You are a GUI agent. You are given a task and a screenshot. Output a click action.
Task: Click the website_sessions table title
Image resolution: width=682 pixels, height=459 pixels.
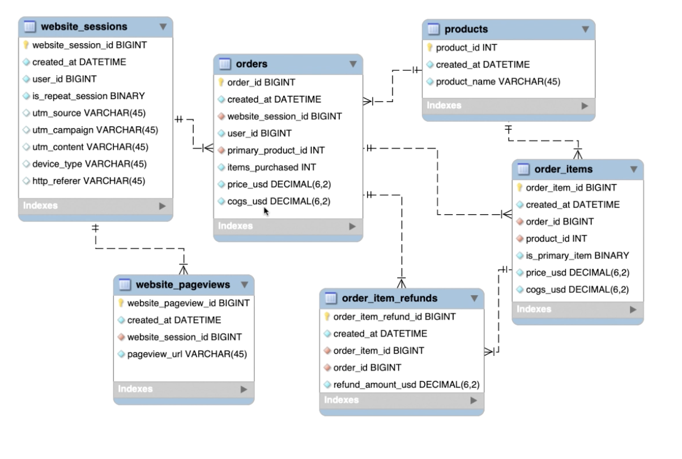point(84,27)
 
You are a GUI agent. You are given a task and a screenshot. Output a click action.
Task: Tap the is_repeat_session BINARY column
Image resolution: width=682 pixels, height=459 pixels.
point(88,96)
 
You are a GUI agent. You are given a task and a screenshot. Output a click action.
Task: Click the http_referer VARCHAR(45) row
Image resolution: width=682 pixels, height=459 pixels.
point(88,181)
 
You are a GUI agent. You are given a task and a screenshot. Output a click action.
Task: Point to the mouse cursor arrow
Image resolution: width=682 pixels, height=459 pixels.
point(266,211)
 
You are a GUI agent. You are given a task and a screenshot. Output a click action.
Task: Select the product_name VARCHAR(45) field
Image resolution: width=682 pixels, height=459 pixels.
point(498,82)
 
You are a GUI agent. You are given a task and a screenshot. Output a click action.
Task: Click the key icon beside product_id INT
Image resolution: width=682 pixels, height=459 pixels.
point(430,48)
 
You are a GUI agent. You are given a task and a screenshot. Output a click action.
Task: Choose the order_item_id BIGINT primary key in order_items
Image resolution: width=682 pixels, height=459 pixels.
point(571,187)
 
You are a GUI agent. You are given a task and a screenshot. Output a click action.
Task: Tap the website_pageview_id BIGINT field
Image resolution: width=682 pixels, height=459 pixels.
point(188,303)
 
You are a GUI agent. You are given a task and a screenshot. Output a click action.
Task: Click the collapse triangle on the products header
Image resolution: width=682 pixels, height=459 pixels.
point(585,29)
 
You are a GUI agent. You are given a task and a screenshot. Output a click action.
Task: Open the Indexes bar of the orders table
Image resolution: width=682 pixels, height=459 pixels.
point(288,226)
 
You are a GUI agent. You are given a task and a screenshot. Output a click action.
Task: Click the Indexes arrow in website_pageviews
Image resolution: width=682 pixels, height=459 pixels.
point(244,389)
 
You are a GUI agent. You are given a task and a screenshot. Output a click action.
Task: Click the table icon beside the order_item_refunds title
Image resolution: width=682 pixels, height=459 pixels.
point(332,298)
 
